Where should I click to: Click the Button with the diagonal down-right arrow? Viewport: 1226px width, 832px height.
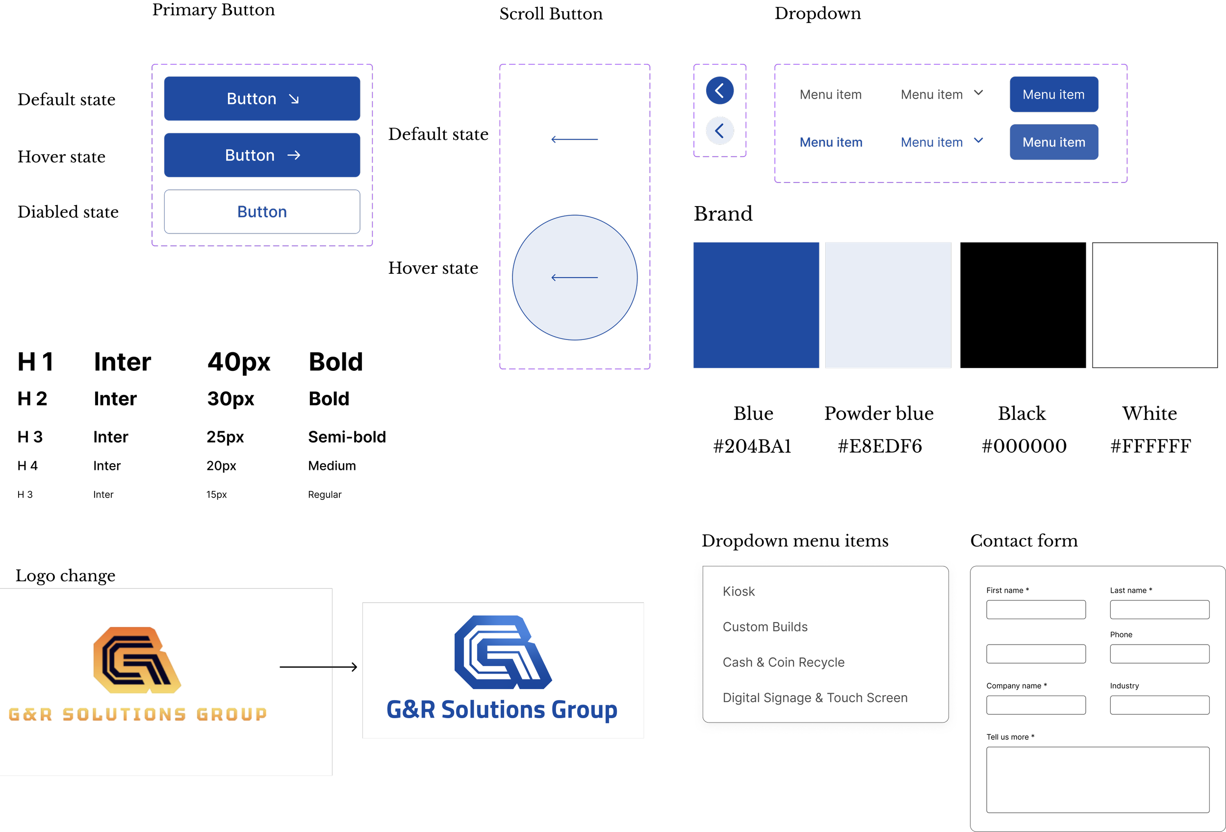262,99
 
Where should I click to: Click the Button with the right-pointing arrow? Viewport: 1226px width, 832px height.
262,155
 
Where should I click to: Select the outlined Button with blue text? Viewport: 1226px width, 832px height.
262,211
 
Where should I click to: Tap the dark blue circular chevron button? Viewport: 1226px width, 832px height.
719,91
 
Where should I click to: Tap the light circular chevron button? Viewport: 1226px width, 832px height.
719,131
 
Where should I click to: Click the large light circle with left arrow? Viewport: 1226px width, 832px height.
574,278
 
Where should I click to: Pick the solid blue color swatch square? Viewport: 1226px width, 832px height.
756,305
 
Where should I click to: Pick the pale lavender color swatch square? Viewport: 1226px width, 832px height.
888,305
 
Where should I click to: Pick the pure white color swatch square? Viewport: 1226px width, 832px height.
1154,305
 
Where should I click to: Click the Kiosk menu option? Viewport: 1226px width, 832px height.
739,592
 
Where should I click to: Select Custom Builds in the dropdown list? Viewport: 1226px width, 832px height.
765,627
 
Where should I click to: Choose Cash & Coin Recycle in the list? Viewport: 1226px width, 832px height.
783,662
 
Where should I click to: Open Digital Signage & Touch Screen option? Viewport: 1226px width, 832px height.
815,698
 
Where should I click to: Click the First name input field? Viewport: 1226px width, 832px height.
1036,609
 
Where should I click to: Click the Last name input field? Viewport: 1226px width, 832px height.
1159,609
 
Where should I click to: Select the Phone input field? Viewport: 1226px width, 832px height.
1159,653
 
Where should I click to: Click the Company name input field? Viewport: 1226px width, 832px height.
1036,705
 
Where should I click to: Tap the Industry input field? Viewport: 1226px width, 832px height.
1159,705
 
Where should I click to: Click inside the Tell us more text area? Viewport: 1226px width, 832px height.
1098,779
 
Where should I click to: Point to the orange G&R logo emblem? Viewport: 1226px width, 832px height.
137,659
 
